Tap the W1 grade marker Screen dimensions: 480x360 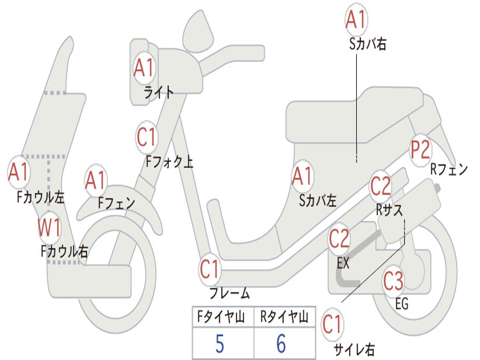(x=49, y=228)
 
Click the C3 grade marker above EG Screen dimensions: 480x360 (x=393, y=281)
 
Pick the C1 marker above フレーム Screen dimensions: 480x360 (x=210, y=269)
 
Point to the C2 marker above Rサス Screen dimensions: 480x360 (x=380, y=186)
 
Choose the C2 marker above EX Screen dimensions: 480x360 (x=339, y=240)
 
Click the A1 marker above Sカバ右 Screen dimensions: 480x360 (x=355, y=20)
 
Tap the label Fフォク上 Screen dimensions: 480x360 (x=169, y=162)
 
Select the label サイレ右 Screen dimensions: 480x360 (x=354, y=349)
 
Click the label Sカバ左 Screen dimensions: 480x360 (x=318, y=201)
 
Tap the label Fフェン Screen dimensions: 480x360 (x=117, y=203)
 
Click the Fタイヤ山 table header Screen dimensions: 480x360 (x=220, y=318)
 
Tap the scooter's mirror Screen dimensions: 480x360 (x=197, y=30)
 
